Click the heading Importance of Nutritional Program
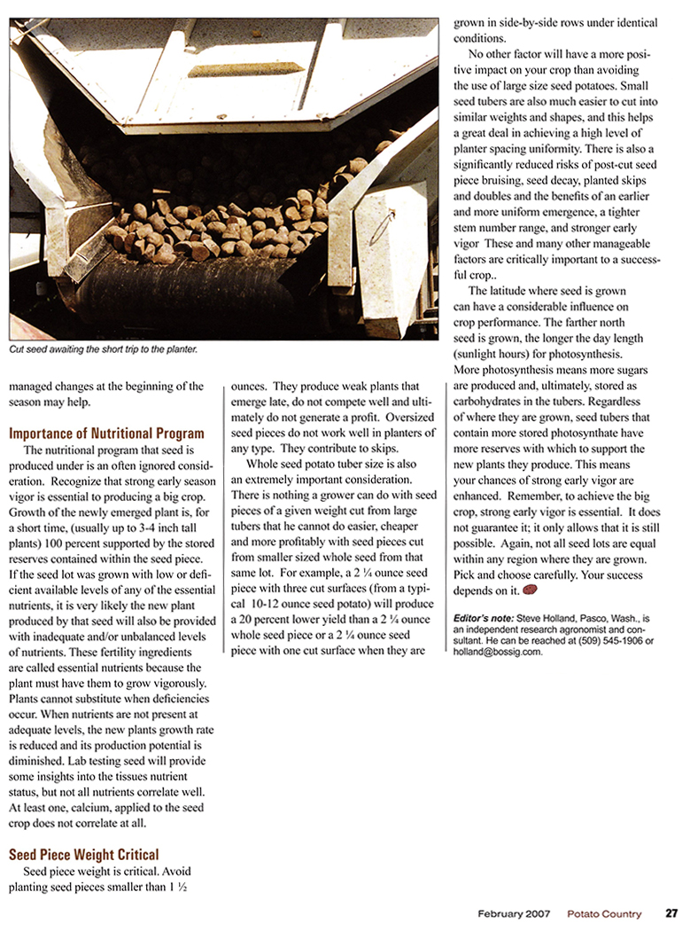point(106,434)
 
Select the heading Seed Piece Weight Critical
point(84,855)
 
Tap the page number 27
point(672,914)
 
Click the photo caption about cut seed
point(103,349)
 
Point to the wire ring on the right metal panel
point(381,226)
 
